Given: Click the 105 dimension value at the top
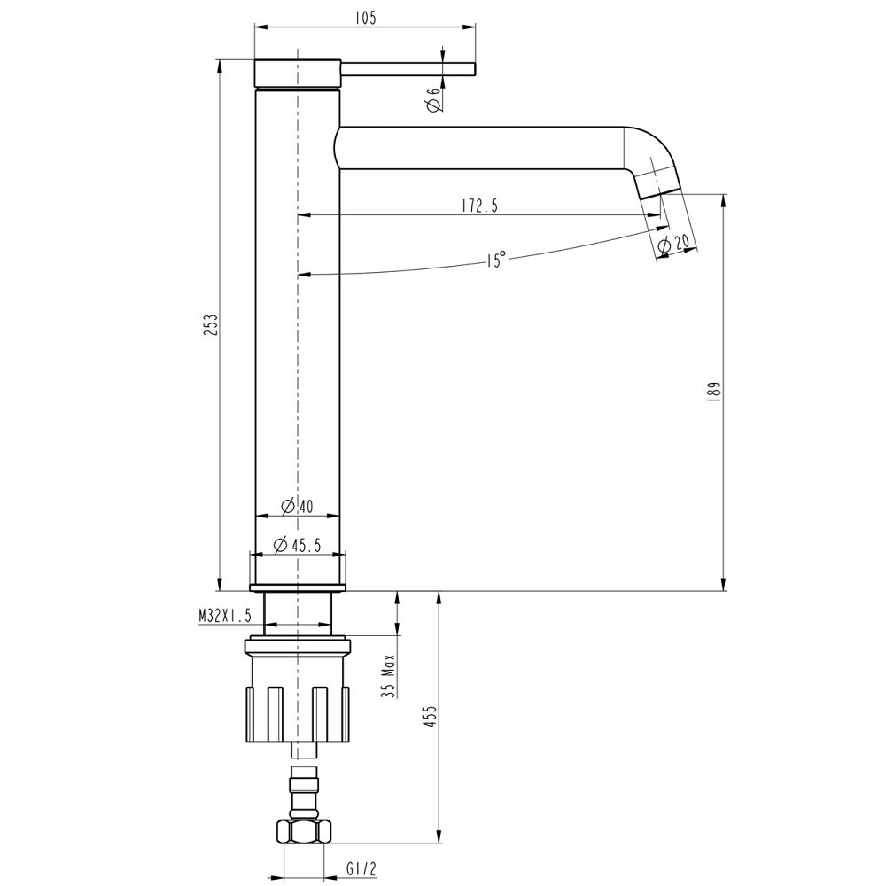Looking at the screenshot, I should (x=365, y=18).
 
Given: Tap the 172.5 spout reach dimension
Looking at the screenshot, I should (x=479, y=206).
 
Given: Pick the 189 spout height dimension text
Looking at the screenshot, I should (x=716, y=392).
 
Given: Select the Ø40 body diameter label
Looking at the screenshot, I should (x=297, y=507).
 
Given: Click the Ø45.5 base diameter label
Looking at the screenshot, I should (x=297, y=545).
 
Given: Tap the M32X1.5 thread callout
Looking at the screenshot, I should (x=226, y=615).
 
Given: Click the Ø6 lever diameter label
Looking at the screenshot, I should (x=433, y=99).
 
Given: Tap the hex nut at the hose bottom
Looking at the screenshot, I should (x=303, y=830).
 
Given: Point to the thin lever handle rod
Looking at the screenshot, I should (x=408, y=69).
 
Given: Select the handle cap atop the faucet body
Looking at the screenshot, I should (x=297, y=74).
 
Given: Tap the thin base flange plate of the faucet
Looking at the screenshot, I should (x=297, y=587).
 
